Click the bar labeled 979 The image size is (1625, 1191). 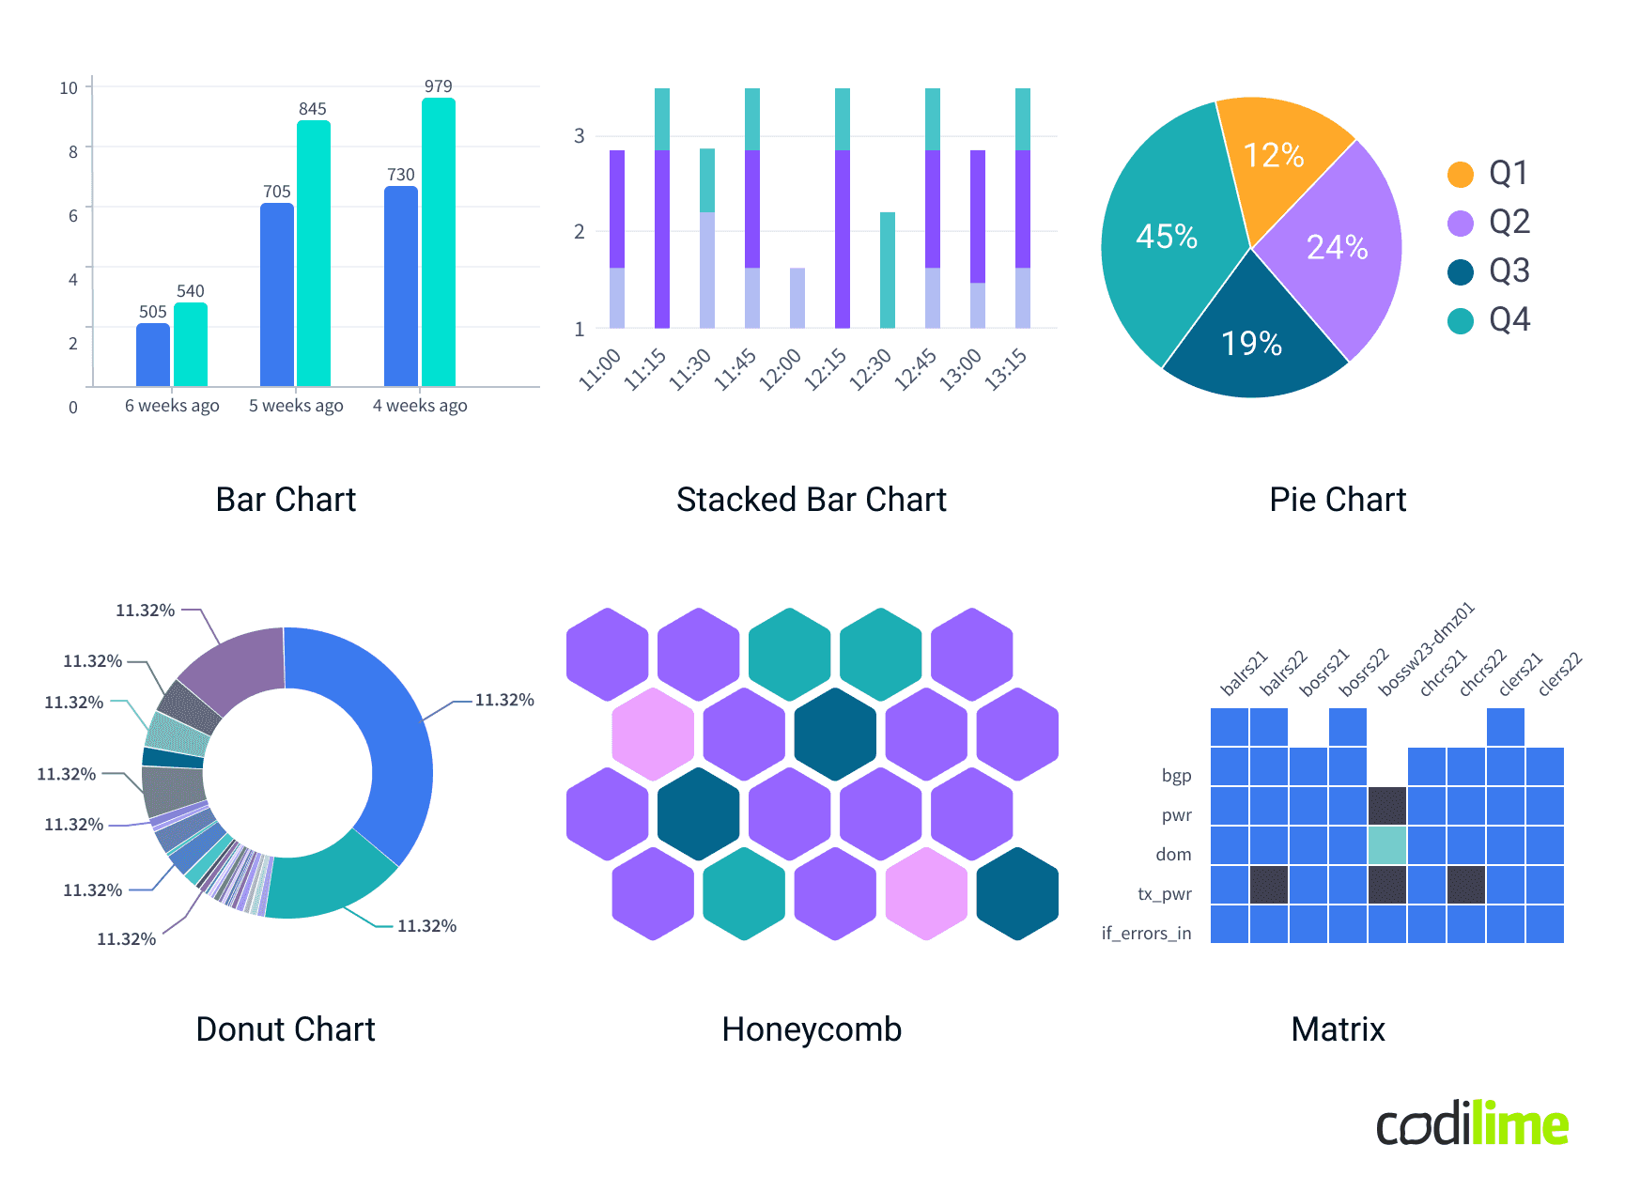(x=439, y=242)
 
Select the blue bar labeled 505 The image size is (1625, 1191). (x=153, y=355)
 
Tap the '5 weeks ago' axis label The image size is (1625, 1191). (x=296, y=406)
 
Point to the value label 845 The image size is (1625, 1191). (x=313, y=109)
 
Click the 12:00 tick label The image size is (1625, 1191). (x=781, y=369)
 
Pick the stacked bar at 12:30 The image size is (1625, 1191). (x=888, y=271)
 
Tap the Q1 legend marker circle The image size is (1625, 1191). (x=1461, y=174)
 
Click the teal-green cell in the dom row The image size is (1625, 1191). (x=1387, y=845)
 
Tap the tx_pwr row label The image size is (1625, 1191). (x=1165, y=894)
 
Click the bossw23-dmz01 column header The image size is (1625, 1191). (x=1426, y=648)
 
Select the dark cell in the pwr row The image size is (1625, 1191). (x=1387, y=806)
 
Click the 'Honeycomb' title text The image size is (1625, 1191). (x=812, y=1029)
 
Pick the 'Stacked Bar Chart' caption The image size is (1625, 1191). (x=812, y=500)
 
